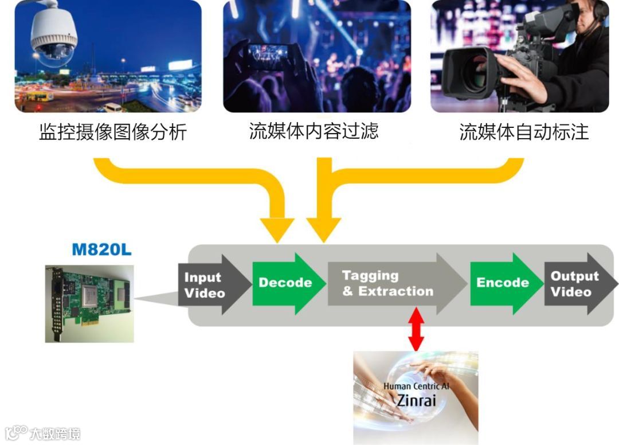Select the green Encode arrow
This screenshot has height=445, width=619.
click(503, 283)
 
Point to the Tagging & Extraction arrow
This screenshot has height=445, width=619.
click(390, 283)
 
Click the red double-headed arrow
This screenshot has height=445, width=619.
click(417, 329)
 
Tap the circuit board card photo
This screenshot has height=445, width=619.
click(89, 303)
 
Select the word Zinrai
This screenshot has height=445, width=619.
click(416, 400)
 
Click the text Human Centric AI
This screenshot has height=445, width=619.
click(416, 386)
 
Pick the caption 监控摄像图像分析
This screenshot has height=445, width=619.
click(113, 132)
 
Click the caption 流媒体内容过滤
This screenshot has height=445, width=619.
click(314, 131)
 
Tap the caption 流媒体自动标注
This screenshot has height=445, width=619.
click(524, 132)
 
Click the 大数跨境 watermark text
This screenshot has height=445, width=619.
click(55, 433)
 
